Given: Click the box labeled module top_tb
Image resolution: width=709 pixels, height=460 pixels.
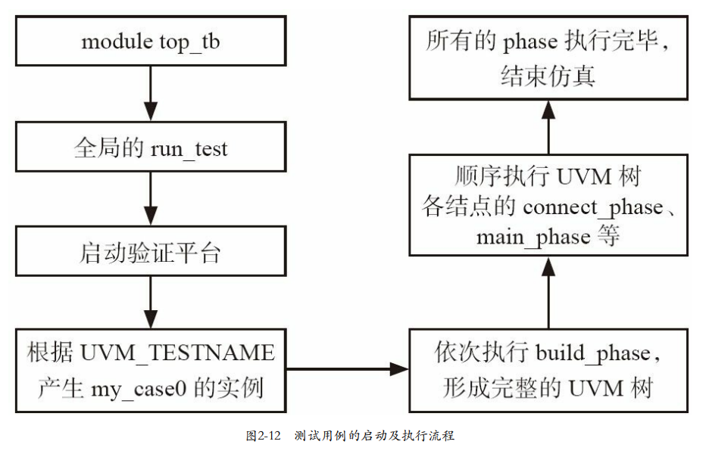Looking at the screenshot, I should [x=151, y=42].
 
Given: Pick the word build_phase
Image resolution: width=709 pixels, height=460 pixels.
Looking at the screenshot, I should [x=592, y=353].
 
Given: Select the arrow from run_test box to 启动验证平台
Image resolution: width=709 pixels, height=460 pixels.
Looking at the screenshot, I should [x=151, y=199].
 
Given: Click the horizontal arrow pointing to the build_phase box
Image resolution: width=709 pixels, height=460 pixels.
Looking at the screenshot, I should [x=348, y=369].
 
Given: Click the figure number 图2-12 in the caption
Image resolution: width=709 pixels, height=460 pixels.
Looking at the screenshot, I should [x=263, y=437].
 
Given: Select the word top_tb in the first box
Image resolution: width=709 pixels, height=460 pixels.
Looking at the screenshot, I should [x=189, y=42].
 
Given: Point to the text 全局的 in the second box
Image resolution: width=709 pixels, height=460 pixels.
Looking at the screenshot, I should [x=103, y=148].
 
